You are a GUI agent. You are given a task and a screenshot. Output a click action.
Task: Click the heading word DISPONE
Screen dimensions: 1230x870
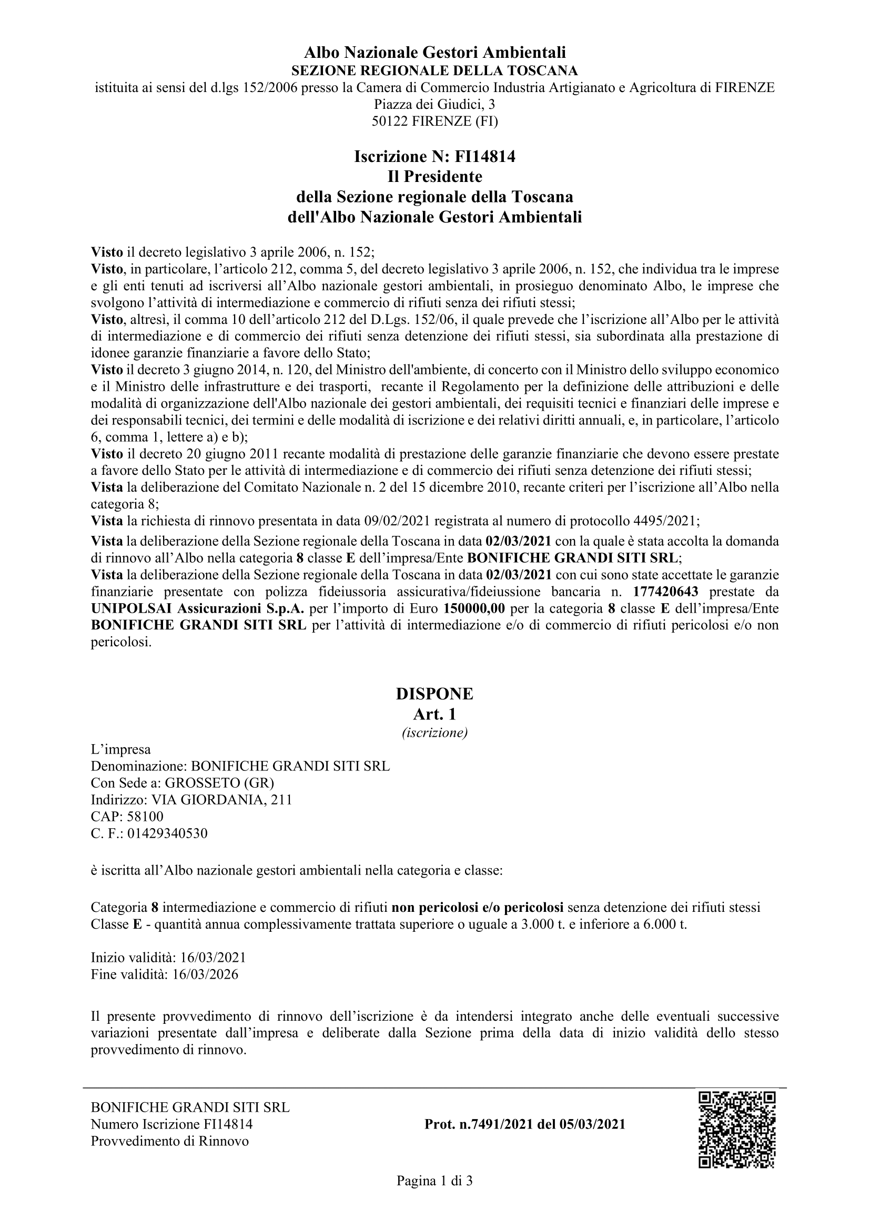pos(434,694)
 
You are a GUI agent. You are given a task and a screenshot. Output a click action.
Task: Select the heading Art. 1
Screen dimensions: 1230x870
pos(434,714)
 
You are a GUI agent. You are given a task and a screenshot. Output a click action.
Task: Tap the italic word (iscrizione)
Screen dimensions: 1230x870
pos(434,733)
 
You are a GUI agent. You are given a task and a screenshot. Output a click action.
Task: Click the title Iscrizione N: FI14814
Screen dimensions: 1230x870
pos(434,156)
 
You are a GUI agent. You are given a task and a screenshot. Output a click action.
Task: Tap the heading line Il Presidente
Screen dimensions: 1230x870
pos(434,176)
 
